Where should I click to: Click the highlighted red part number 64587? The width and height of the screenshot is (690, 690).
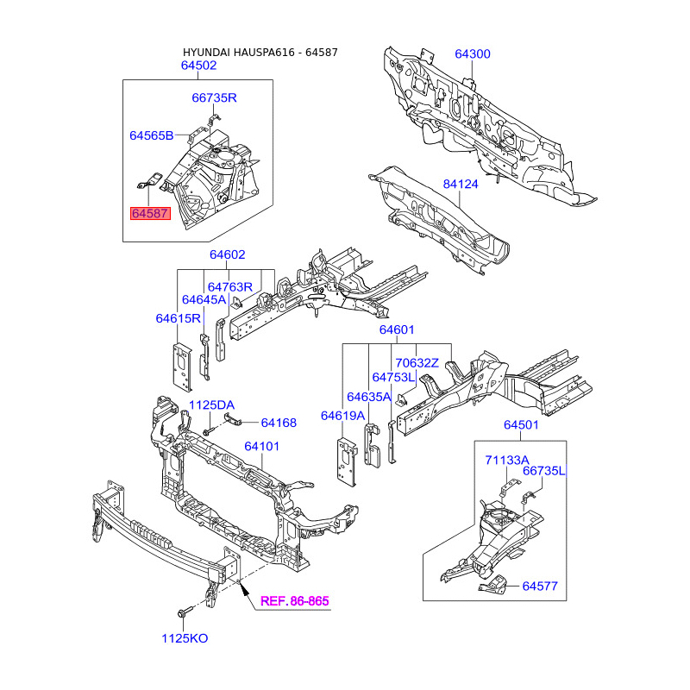[x=150, y=213]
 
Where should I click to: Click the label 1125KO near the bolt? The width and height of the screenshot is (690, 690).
[x=185, y=639]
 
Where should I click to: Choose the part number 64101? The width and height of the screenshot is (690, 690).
[x=262, y=447]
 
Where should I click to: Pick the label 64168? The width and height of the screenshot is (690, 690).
[x=279, y=423]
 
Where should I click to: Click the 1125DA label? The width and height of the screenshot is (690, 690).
[x=211, y=405]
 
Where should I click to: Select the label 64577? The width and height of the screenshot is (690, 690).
[x=540, y=587]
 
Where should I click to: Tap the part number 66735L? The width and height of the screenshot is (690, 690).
[x=543, y=470]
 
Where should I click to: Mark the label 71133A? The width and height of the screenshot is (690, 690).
[x=506, y=461]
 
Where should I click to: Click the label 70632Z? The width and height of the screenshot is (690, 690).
[x=417, y=363]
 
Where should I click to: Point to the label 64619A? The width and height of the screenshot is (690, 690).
[x=343, y=416]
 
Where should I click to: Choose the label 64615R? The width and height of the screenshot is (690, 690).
[x=179, y=318]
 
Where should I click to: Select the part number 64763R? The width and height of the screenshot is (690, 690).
[x=229, y=286]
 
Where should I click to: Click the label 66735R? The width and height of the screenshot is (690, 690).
[x=214, y=97]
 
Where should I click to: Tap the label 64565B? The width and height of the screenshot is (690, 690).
[x=152, y=135]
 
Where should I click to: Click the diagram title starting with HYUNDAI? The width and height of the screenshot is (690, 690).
[x=260, y=53]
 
